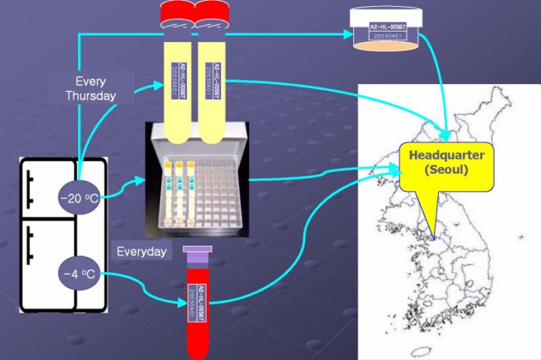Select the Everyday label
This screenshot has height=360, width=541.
click(x=141, y=252)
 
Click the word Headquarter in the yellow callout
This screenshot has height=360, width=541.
click(x=447, y=156)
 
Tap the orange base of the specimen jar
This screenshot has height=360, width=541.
click(x=386, y=47)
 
